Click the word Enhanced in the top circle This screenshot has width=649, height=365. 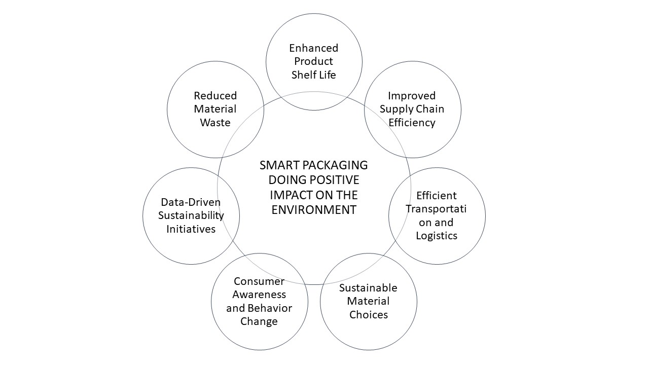(313, 48)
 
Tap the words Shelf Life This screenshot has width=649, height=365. (313, 75)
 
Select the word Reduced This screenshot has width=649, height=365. (215, 96)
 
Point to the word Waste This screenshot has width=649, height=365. (215, 122)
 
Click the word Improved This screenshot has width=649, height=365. (412, 96)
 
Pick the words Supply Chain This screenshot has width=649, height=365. (412, 109)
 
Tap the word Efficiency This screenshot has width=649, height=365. (412, 122)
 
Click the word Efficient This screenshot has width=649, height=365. (436, 196)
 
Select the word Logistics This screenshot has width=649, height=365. (436, 235)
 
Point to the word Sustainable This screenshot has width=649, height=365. (368, 288)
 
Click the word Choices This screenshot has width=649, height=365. (368, 314)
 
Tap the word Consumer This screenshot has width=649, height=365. (259, 281)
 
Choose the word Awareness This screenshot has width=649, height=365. (259, 295)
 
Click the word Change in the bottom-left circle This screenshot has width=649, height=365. (259, 321)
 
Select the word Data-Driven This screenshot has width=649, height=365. (191, 202)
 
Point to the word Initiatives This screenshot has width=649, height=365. (191, 229)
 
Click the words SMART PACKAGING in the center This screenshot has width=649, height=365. (313, 165)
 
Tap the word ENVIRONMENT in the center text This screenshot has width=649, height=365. (313, 210)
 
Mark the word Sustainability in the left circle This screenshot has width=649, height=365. (191, 215)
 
